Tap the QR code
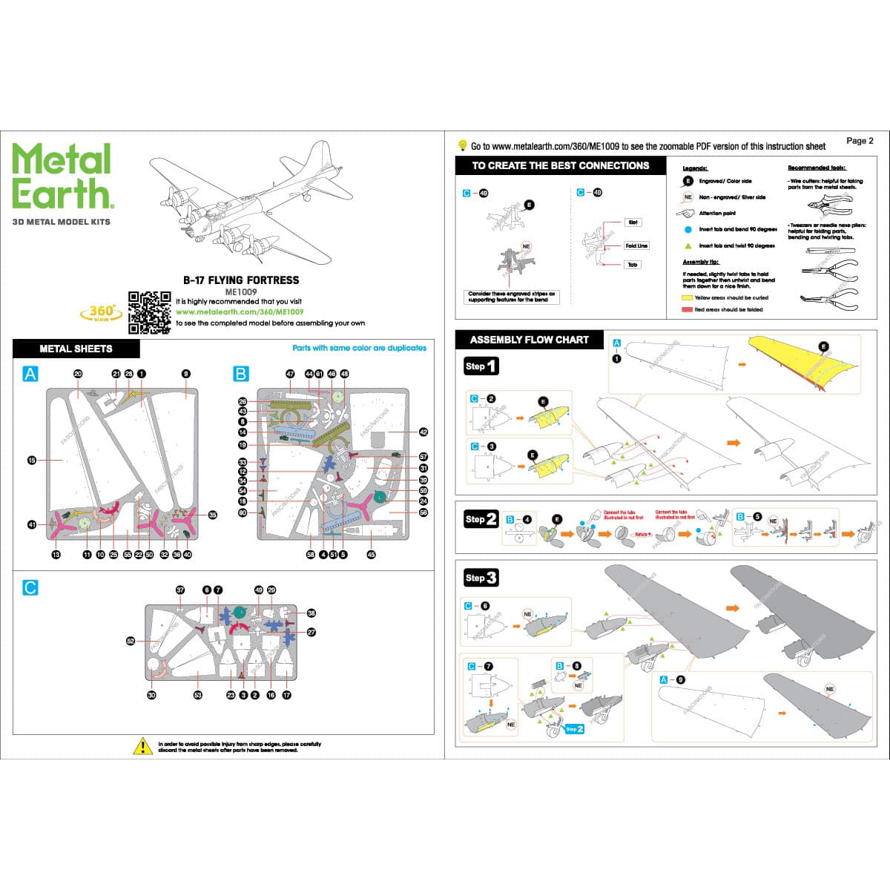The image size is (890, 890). [x=149, y=311]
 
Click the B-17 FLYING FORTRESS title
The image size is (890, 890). [x=241, y=280]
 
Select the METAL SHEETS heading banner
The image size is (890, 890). [x=76, y=349]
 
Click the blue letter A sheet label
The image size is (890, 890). [x=30, y=374]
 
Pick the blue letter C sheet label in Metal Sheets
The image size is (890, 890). [x=30, y=587]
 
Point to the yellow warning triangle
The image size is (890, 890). [x=142, y=746]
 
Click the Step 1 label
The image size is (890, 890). [x=481, y=366]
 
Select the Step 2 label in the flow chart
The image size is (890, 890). [x=481, y=519]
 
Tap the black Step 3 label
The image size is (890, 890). [x=481, y=578]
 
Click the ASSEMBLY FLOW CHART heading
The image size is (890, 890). [x=529, y=340]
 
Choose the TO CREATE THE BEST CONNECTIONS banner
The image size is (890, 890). [x=560, y=166]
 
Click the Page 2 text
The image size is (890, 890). [x=860, y=141]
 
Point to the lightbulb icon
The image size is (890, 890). [x=462, y=145]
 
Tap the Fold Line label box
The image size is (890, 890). [x=636, y=245]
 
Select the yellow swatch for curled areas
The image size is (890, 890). [x=686, y=297]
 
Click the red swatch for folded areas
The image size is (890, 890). [x=686, y=309]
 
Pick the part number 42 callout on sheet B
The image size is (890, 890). [x=423, y=432]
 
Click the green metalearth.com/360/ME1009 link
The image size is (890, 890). [x=239, y=312]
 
